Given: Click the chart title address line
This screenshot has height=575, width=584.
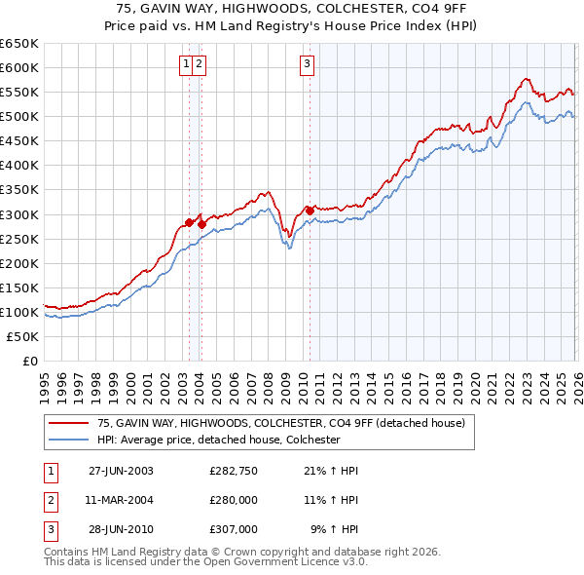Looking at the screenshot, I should (x=292, y=8).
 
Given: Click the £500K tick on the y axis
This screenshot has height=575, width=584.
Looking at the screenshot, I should (x=19, y=117).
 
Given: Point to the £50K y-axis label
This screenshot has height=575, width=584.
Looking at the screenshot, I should (x=22, y=336).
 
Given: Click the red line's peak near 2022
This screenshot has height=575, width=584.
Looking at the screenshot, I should (x=525, y=79).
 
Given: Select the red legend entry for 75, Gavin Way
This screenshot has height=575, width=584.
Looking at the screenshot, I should (x=282, y=423).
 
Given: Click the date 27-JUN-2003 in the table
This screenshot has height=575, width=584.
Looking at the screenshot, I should (x=121, y=471).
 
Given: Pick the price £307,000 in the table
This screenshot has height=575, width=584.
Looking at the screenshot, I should (x=233, y=529).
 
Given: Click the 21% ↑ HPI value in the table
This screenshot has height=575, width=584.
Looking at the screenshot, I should (x=331, y=471).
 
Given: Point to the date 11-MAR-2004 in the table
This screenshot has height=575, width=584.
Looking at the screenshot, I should (x=121, y=500).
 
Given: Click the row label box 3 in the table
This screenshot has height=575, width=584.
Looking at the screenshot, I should (x=50, y=529).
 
